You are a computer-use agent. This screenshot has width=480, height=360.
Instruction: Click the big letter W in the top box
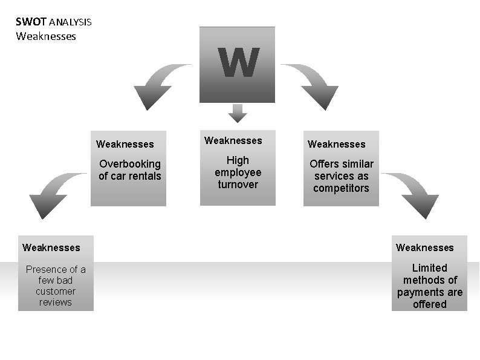(x=239, y=63)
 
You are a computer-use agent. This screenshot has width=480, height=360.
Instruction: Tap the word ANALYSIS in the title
(x=70, y=23)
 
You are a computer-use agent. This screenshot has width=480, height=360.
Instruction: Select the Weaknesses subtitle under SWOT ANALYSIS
(x=46, y=36)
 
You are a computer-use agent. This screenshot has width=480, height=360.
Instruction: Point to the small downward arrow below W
(x=238, y=113)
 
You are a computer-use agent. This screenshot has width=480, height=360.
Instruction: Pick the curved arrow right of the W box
(x=311, y=84)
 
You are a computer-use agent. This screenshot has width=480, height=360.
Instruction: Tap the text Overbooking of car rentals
(x=130, y=170)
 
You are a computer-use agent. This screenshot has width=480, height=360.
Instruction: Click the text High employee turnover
(x=238, y=172)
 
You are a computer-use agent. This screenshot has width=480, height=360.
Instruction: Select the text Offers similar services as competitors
(x=342, y=176)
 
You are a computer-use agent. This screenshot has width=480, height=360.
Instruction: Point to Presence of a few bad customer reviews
(x=56, y=286)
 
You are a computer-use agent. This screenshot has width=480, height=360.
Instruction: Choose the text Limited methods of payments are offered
(x=430, y=286)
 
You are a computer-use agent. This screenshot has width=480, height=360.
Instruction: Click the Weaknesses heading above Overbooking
(x=125, y=145)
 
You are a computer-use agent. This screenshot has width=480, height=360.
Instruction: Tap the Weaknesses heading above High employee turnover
(x=233, y=141)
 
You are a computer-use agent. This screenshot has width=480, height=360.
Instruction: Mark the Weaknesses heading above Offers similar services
(x=337, y=145)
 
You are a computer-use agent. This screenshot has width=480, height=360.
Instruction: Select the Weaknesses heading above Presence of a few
(x=51, y=247)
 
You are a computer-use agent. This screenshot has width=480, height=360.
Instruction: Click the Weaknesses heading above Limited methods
(x=425, y=247)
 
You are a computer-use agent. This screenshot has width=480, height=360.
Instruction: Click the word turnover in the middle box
(x=238, y=185)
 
